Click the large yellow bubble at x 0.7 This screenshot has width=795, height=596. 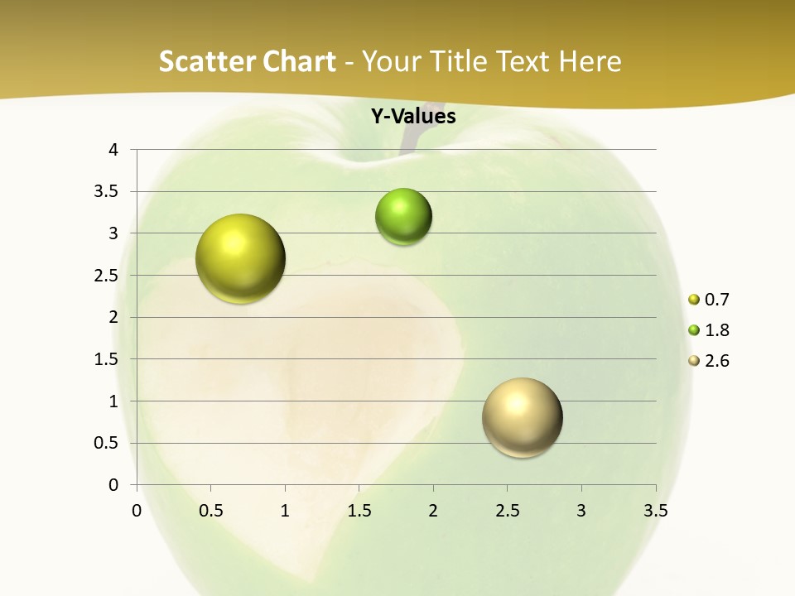tap(241, 258)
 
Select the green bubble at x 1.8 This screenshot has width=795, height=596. tap(403, 217)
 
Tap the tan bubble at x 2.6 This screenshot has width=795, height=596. tap(522, 417)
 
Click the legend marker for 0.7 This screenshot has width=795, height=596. tap(694, 300)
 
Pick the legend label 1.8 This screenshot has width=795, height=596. tap(716, 330)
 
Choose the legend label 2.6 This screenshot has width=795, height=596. tap(716, 361)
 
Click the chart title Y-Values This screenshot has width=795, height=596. tap(413, 117)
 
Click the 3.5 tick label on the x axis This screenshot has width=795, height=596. tap(655, 511)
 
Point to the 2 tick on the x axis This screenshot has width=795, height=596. tap(433, 511)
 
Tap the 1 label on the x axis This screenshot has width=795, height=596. tap(285, 511)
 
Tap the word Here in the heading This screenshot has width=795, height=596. tap(590, 61)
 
